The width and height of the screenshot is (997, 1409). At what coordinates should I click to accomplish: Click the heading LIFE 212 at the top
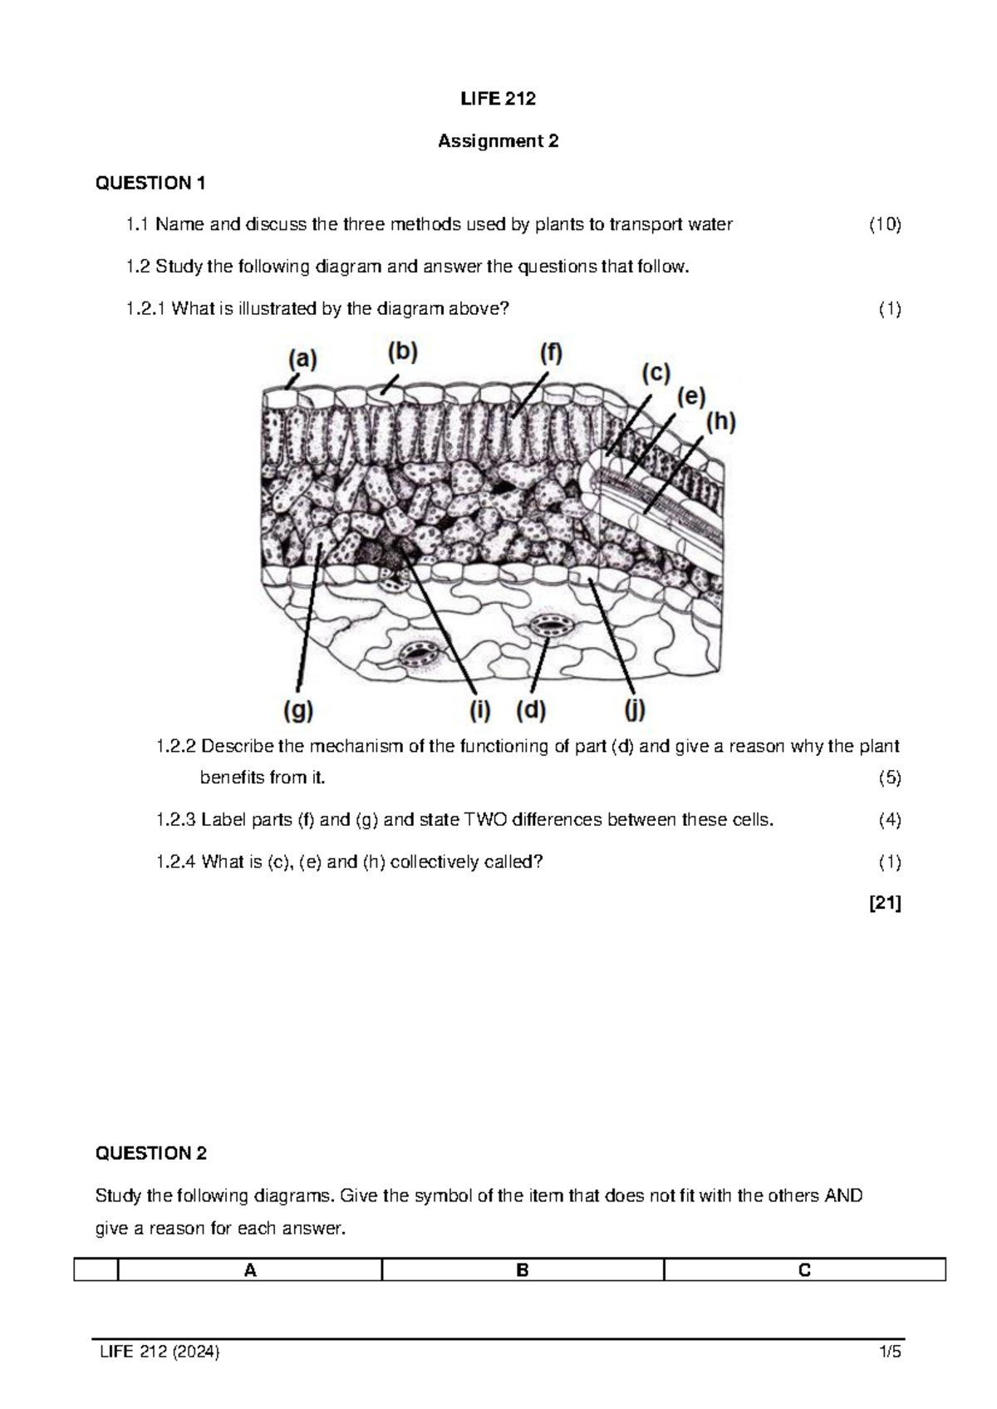coord(498,99)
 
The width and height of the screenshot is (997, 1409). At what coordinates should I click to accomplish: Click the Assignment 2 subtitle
coord(498,141)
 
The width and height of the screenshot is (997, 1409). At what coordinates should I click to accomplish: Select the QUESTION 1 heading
coord(150,183)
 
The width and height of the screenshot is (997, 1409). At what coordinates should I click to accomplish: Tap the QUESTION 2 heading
coord(151,1153)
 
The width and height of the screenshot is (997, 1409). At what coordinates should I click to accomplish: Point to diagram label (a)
coord(302,359)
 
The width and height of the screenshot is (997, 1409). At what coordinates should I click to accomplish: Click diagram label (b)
coord(402,352)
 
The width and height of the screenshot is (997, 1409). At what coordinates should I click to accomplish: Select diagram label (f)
coord(551,354)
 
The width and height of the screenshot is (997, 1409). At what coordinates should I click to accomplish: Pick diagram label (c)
coord(655,374)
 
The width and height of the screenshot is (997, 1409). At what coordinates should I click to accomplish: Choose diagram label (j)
coord(635,711)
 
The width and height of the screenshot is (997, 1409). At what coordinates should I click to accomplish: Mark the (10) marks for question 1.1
coord(885,224)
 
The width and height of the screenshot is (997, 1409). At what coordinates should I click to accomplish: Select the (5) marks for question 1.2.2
coord(890,778)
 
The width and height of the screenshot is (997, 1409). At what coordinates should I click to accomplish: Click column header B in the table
coord(523,1270)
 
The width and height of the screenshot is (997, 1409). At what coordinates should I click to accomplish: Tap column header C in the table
coord(804,1270)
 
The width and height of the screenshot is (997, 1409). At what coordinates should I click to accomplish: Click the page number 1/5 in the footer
coord(891,1352)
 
